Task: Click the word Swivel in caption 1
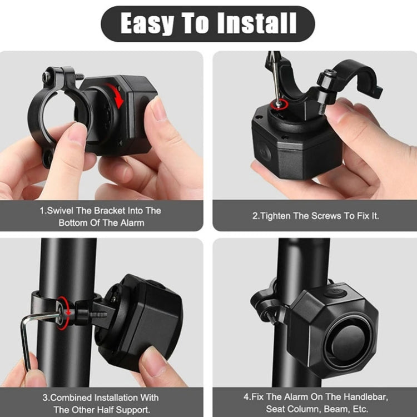point(61,211)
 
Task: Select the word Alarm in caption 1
point(132,222)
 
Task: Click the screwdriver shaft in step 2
point(274,78)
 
